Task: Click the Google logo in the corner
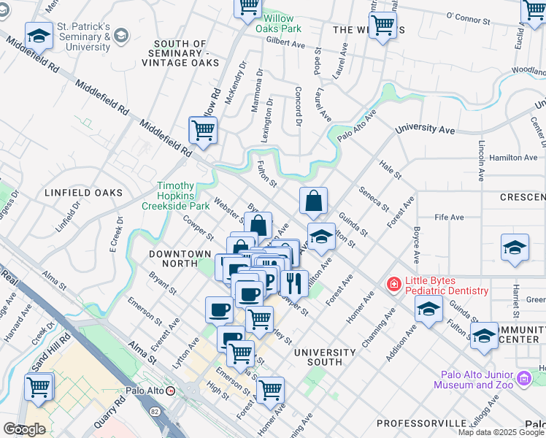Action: tap(24, 429)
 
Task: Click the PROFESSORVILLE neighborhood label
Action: tap(421, 423)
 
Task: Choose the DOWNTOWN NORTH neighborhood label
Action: tap(180, 254)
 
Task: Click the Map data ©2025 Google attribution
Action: tap(501, 432)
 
